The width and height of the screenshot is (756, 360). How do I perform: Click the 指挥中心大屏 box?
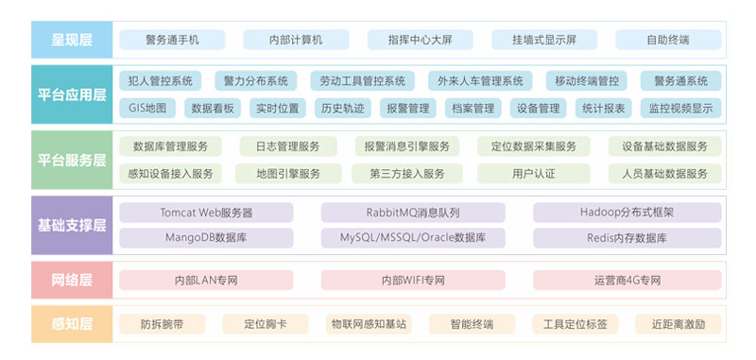pyautogui.click(x=420, y=40)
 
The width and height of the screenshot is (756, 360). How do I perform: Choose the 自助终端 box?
pyautogui.click(x=667, y=40)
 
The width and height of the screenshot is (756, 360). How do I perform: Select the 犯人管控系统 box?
pyautogui.click(x=161, y=81)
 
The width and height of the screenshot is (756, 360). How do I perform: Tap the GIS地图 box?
pyautogui.click(x=147, y=108)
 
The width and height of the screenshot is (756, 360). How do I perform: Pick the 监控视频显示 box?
pyautogui.click(x=679, y=108)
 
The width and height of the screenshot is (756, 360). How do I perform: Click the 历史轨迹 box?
pyautogui.click(x=340, y=108)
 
